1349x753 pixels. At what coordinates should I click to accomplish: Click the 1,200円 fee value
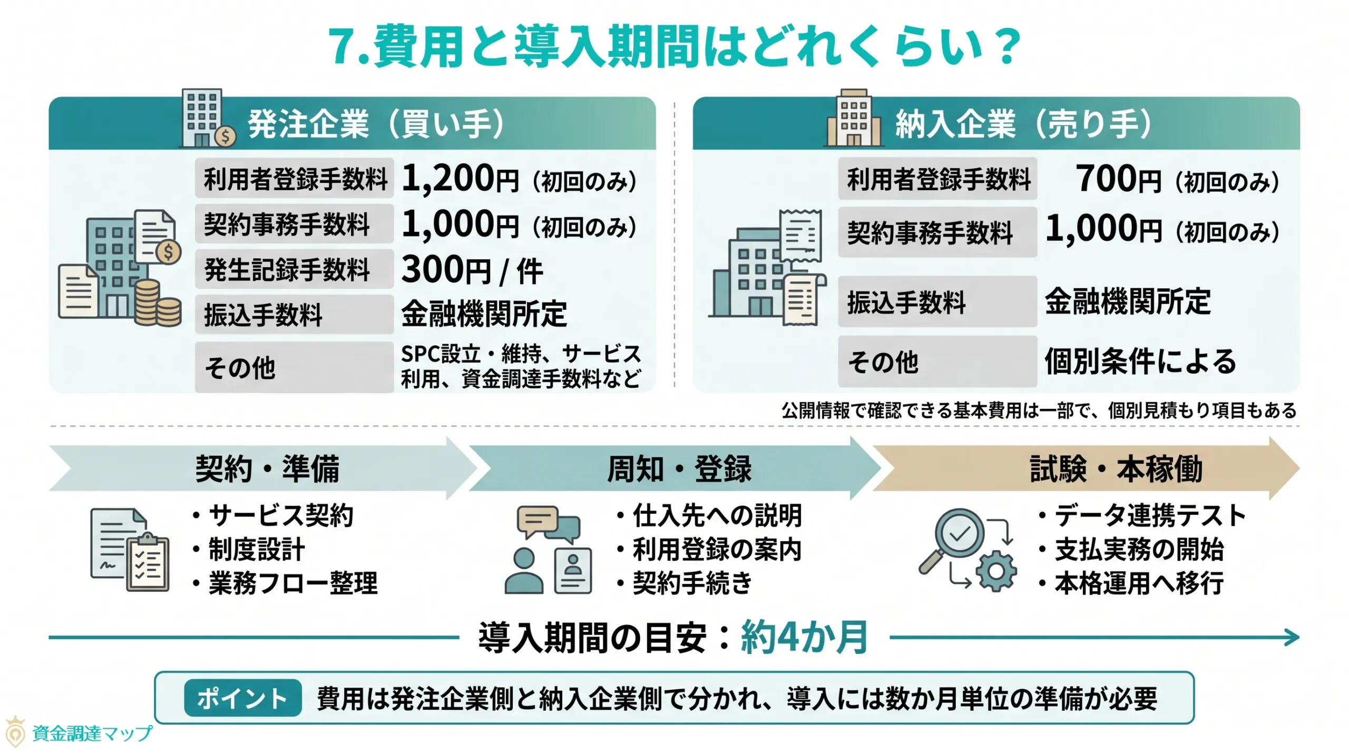[460, 179]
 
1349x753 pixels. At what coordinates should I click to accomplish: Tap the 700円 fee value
[1117, 179]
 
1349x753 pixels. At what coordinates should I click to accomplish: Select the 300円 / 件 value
[471, 270]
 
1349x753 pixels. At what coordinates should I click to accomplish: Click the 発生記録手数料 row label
[287, 270]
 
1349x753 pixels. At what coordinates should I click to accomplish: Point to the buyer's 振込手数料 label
[263, 315]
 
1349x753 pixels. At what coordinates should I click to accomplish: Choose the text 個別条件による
[1140, 361]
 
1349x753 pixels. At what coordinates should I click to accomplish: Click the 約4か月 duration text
[804, 638]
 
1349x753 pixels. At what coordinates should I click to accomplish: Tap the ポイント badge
[242, 698]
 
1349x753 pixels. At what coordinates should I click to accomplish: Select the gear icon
[995, 571]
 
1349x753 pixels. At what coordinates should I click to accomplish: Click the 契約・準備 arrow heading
[267, 468]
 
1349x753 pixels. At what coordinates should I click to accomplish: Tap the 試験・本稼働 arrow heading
[1116, 468]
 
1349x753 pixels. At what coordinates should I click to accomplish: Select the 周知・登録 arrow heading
[679, 468]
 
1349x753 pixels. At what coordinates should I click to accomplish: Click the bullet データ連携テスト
[1149, 515]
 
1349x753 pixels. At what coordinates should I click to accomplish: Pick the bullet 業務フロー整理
[293, 583]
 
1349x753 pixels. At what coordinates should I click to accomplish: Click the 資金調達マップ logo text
[92, 733]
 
